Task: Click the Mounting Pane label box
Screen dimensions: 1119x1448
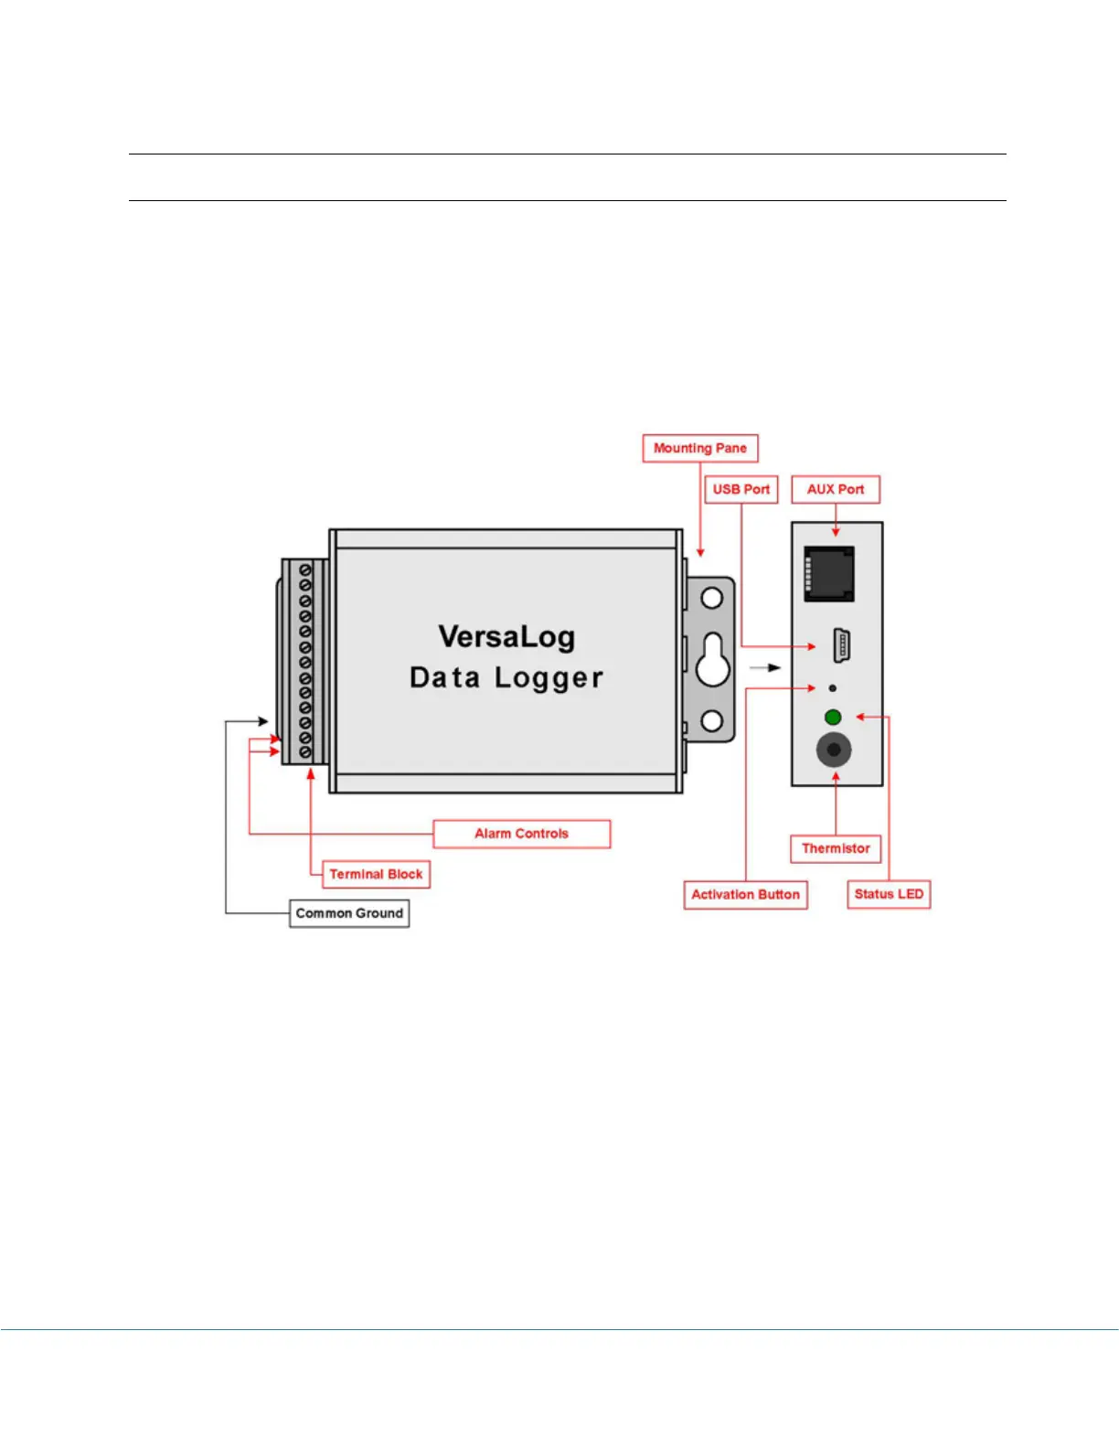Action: coord(700,448)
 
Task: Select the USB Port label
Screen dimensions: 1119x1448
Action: coord(741,489)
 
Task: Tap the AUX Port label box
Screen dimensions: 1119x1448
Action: coord(835,489)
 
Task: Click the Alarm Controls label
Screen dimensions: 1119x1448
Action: coord(521,834)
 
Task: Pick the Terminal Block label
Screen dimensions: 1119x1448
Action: coord(376,874)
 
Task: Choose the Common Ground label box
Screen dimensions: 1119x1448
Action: coord(349,913)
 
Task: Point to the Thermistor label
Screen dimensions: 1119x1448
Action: coord(836,848)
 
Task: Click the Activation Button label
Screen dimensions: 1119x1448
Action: coord(745,894)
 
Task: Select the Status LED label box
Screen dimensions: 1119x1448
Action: coord(889,894)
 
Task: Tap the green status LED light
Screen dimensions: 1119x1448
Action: coord(833,718)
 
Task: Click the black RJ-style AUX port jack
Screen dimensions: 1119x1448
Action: coord(829,573)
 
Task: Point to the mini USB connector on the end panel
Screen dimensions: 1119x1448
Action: coord(842,645)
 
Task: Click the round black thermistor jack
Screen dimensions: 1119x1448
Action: coord(834,751)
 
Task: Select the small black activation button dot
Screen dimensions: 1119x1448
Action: coord(832,687)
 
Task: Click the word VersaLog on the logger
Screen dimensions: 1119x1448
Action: coord(506,637)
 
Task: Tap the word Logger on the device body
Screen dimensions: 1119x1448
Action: coord(549,678)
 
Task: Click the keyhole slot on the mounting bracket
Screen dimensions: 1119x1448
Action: coord(712,660)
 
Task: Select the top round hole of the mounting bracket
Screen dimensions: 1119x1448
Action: coord(712,599)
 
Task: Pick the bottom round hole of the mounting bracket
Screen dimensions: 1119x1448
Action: coord(712,721)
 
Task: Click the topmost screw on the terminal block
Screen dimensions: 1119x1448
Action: coord(305,570)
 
